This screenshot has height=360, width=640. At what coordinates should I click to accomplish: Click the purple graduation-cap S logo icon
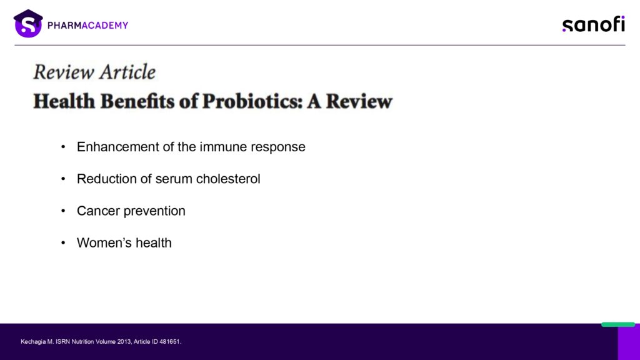(x=28, y=24)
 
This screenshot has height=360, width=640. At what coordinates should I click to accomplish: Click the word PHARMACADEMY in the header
(x=87, y=25)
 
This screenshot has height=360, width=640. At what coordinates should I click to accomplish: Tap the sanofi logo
(x=594, y=24)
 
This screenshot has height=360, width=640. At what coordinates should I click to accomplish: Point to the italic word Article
(x=127, y=72)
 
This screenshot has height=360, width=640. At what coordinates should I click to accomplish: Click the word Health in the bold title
(x=64, y=101)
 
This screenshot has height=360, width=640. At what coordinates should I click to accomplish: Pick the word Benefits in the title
(x=137, y=101)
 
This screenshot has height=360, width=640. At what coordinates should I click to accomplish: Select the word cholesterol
(x=228, y=179)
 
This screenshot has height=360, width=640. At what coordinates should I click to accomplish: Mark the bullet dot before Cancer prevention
(x=63, y=211)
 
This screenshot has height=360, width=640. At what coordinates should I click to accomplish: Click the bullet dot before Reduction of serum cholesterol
(x=63, y=179)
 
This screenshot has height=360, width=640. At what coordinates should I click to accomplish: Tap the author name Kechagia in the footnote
(x=33, y=342)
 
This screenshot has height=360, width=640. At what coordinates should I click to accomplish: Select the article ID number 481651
(x=170, y=342)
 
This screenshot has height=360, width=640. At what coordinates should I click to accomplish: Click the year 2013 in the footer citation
(x=124, y=342)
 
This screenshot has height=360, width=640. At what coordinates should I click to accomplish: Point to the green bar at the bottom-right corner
(x=618, y=324)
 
